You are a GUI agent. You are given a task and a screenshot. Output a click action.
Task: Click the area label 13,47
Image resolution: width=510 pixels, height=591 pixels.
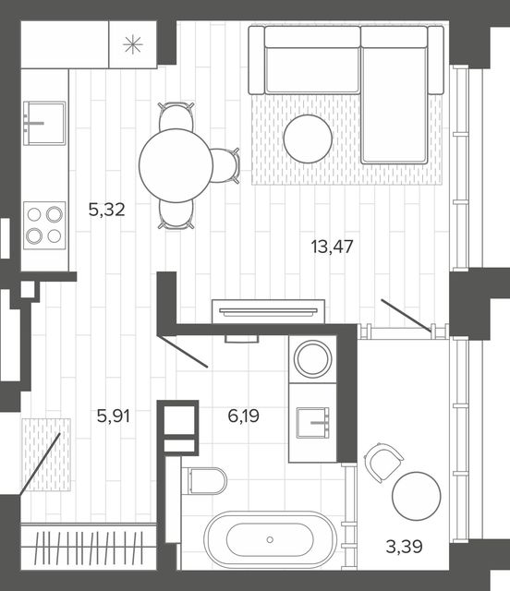tap(332, 247)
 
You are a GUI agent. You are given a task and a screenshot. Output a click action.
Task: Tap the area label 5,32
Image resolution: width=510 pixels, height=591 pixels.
tap(107, 210)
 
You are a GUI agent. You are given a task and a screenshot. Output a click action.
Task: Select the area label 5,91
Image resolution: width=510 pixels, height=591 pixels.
tap(113, 416)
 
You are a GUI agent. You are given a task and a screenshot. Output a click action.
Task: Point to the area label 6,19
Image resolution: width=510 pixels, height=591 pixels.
tap(243, 416)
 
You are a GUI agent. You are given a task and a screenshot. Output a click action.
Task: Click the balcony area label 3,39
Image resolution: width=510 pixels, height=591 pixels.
tap(404, 547)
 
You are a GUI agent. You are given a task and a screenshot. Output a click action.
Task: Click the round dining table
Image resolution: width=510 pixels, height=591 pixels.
tap(176, 165)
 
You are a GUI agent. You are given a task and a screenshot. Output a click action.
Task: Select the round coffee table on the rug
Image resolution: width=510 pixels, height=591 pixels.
tap(308, 139)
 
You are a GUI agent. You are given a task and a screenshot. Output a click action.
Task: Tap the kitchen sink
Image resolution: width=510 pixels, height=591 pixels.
tap(44, 123)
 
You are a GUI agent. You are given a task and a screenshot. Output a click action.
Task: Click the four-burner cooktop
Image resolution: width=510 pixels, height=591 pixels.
tap(44, 225)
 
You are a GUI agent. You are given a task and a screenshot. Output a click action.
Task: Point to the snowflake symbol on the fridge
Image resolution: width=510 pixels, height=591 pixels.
tap(133, 44)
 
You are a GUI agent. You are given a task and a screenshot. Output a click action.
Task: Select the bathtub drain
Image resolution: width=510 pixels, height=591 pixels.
tap(270, 539)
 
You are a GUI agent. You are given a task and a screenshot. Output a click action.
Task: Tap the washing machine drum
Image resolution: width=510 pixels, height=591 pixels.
tap(312, 359)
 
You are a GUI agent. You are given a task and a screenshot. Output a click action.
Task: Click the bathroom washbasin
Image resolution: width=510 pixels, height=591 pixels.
tap(312, 423)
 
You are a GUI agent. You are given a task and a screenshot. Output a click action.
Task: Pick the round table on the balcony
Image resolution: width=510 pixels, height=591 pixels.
tap(417, 496)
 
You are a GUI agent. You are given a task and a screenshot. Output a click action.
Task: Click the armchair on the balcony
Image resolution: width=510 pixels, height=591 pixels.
tap(382, 462)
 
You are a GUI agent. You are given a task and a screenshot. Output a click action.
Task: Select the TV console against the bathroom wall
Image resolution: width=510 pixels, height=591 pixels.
tap(268, 311)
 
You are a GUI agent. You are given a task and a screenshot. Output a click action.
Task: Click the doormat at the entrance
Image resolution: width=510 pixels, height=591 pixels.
tap(46, 454)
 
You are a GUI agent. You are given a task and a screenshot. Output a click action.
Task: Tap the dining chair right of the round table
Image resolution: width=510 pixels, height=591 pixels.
tap(225, 165)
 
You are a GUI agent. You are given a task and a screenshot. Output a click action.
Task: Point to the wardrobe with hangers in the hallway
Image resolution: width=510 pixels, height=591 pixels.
tap(89, 548)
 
